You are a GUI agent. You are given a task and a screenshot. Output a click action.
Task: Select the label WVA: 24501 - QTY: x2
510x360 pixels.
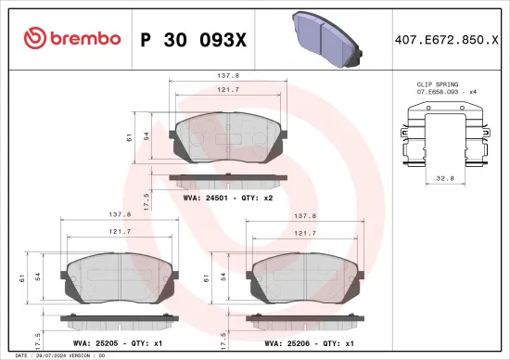coord(228,198)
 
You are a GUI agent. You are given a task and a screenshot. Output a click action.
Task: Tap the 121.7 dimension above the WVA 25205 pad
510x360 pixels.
coord(118,234)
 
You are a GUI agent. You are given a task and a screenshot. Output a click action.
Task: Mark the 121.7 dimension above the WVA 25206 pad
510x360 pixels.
coord(303,234)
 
